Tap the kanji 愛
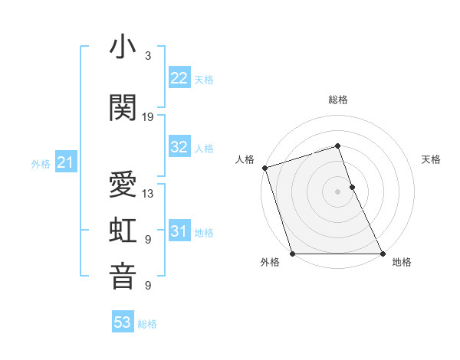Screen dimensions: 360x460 123,186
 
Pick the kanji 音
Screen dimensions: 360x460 123,277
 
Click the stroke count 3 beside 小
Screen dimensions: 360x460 148,56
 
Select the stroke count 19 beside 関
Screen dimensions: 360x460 148,117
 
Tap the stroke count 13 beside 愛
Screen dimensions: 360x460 148,194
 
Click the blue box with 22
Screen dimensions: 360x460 179,78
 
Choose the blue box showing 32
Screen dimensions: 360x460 179,147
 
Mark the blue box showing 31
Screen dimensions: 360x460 179,231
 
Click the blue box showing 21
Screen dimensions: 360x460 64,162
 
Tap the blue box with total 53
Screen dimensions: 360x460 123,322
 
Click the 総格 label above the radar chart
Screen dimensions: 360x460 338,100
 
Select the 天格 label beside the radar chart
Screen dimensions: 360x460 432,159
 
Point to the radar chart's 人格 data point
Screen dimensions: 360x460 264,168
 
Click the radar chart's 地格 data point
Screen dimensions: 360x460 383,254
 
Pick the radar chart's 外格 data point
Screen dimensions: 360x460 292,254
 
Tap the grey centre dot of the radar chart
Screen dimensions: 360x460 338,191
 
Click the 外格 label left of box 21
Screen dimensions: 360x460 41,163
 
